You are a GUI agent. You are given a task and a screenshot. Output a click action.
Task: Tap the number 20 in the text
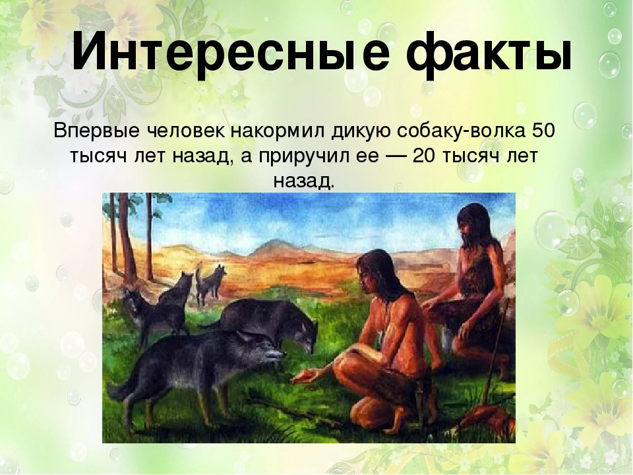tap(424, 156)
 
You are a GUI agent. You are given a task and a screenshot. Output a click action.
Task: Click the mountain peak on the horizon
tap(274, 241)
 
